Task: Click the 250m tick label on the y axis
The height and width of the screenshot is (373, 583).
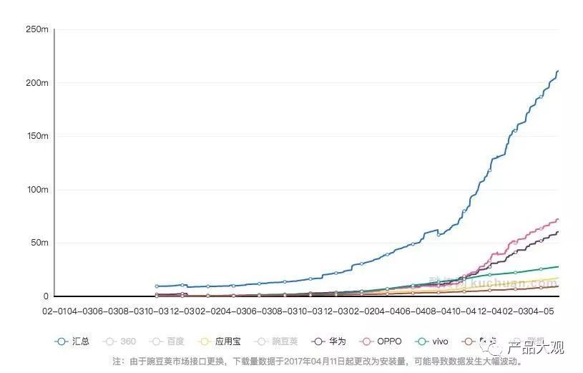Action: pos(36,29)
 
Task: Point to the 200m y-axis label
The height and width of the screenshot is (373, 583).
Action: pos(36,83)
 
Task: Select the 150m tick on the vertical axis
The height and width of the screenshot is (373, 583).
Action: pos(36,136)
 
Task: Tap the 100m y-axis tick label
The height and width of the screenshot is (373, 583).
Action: pos(36,190)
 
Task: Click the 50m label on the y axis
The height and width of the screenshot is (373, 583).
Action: pos(39,243)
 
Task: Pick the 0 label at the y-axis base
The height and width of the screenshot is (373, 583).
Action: pos(46,296)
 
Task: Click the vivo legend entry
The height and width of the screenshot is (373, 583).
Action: pos(438,341)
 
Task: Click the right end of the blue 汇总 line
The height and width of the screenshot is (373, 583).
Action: pos(558,71)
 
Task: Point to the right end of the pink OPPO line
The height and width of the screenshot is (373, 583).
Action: pos(558,219)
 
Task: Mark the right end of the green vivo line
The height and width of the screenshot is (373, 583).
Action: pos(558,266)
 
